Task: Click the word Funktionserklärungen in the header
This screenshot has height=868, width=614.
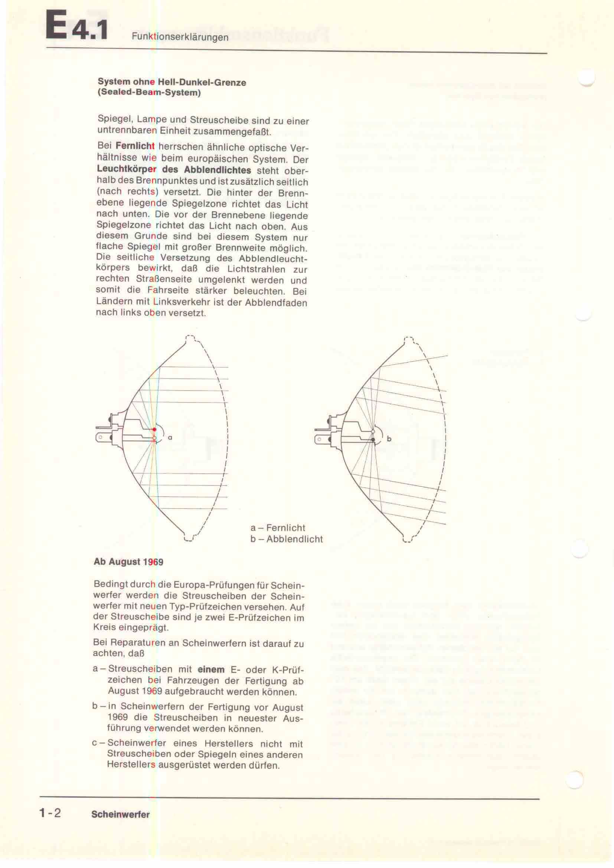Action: [180, 37]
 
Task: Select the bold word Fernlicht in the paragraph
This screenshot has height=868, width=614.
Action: [135, 145]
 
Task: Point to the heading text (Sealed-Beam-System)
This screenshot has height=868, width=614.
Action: [149, 93]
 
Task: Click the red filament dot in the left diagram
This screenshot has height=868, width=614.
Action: [154, 429]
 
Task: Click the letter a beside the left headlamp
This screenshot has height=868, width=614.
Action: [170, 438]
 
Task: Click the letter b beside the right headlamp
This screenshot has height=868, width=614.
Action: [389, 439]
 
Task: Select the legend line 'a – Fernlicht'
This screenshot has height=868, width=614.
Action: [278, 528]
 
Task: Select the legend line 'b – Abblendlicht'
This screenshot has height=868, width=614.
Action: [286, 539]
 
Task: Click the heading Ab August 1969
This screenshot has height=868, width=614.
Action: [128, 562]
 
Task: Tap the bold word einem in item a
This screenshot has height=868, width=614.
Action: [211, 669]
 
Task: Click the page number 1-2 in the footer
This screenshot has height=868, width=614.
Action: [50, 813]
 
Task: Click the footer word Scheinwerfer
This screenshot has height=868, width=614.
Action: [120, 814]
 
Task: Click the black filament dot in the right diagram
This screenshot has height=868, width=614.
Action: [373, 440]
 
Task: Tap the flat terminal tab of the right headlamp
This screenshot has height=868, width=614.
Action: [321, 439]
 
